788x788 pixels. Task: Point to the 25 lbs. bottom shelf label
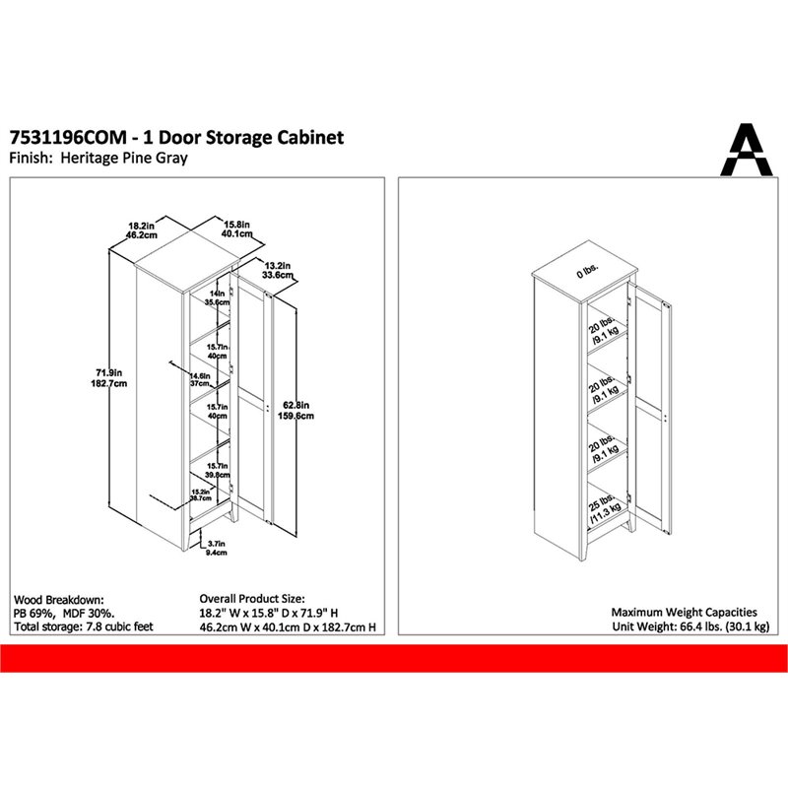pyautogui.click(x=600, y=503)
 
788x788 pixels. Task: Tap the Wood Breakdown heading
pyautogui.click(x=59, y=599)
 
